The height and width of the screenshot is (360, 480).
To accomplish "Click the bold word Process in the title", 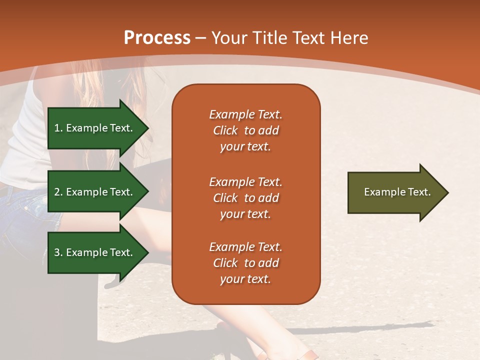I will coord(157,38).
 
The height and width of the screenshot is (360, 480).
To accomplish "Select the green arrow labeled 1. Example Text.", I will coord(95,128).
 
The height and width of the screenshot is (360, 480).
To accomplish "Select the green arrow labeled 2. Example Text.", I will coord(95,192).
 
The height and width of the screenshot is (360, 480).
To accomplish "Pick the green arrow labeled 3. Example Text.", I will coord(95,252).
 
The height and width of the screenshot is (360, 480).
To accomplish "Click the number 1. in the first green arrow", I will coord(58,128).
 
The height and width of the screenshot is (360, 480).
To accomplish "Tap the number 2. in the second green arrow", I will coord(58,192).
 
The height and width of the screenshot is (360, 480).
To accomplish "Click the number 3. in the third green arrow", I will coord(58,252).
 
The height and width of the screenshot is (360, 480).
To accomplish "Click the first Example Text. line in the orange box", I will coord(245,114).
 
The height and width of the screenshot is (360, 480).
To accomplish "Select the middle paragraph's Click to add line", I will coord(245,198).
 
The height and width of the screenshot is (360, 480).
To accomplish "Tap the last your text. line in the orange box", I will coord(245,279).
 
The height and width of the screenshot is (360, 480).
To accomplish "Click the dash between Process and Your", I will coord(201,38).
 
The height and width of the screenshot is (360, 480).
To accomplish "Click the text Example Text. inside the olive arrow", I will coord(397,192).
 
